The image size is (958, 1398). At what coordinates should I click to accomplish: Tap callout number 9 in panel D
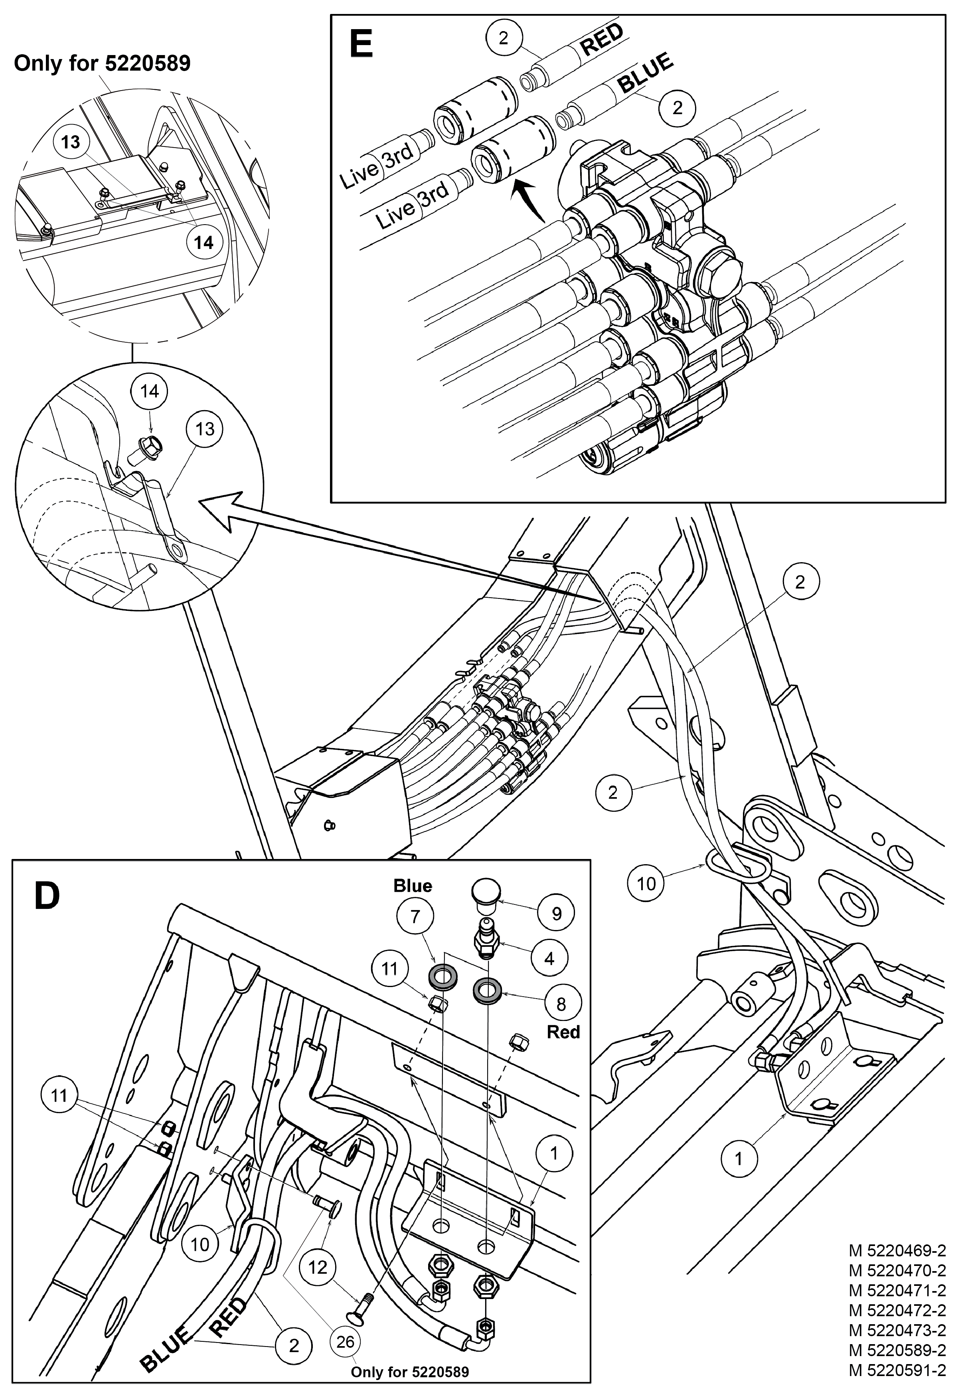point(557,913)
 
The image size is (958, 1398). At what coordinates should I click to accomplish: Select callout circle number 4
point(549,958)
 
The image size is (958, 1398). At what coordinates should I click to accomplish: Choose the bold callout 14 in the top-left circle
point(203,243)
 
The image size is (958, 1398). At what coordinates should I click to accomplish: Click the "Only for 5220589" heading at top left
point(102,63)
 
